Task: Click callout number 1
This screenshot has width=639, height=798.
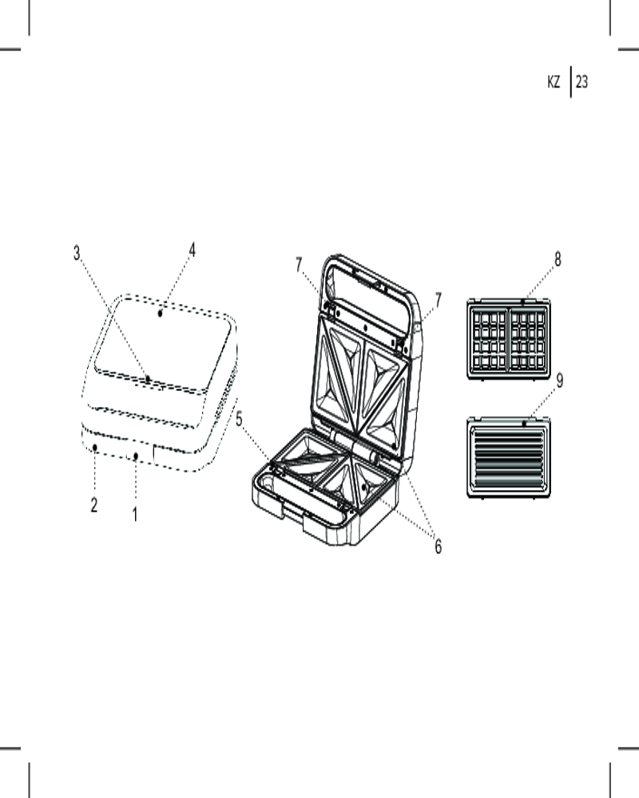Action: [135, 515]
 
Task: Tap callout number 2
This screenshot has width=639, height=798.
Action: [94, 505]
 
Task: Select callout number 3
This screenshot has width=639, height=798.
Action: [77, 253]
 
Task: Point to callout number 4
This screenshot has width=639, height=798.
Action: [192, 250]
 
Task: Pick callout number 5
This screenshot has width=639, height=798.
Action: [239, 420]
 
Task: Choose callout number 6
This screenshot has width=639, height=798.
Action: [439, 547]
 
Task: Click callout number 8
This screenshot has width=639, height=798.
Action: [558, 259]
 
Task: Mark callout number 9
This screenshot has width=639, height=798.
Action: [559, 381]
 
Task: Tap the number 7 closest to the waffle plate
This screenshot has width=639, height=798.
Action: [438, 300]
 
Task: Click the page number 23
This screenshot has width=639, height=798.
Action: [582, 81]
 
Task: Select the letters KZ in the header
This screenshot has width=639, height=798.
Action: [554, 81]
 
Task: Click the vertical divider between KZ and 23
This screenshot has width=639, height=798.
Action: [570, 81]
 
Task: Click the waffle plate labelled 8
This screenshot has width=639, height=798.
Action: [509, 339]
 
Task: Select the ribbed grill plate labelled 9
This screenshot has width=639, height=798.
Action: [509, 457]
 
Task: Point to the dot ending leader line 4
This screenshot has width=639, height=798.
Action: [160, 314]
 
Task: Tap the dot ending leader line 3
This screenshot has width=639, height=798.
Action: [147, 378]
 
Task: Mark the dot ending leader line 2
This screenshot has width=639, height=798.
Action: [95, 448]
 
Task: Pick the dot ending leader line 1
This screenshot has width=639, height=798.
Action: [136, 456]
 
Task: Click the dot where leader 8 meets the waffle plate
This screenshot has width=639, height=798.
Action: [523, 302]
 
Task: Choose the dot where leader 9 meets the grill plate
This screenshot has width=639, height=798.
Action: [524, 423]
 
